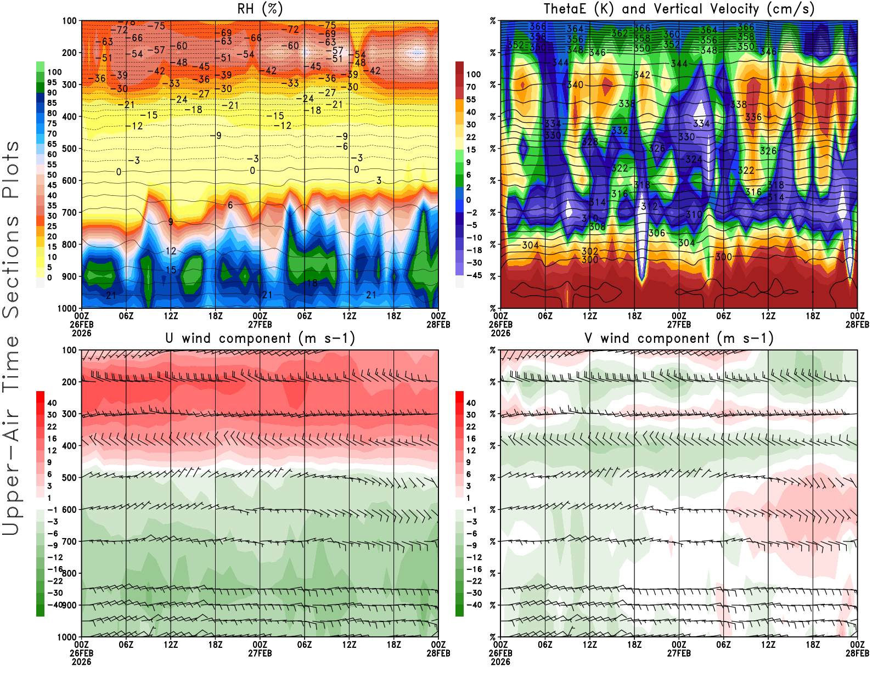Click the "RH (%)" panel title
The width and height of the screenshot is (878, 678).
point(260,9)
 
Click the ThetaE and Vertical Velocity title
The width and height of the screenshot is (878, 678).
point(679,9)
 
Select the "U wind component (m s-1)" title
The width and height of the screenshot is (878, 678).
point(260,338)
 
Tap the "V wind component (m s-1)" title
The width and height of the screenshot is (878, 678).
point(679,338)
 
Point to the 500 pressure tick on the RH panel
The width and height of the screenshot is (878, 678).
point(69,149)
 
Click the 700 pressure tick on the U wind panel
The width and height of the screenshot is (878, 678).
point(69,541)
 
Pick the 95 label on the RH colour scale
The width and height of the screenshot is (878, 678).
point(52,82)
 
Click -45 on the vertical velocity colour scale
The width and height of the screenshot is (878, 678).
point(474,275)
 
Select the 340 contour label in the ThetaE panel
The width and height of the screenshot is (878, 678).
point(575,84)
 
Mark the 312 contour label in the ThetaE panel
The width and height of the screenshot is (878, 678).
point(649,206)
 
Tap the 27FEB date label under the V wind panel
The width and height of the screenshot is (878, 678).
point(679,653)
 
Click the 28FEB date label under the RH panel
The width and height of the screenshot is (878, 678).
point(438,324)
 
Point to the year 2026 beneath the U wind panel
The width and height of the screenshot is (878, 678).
point(81,662)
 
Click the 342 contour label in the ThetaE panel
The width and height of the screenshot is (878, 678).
point(642,75)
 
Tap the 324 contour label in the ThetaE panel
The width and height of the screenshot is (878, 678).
point(694,159)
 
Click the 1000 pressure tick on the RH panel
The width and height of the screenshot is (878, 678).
point(67,308)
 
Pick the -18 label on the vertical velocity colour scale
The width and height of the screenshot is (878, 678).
point(474,250)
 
